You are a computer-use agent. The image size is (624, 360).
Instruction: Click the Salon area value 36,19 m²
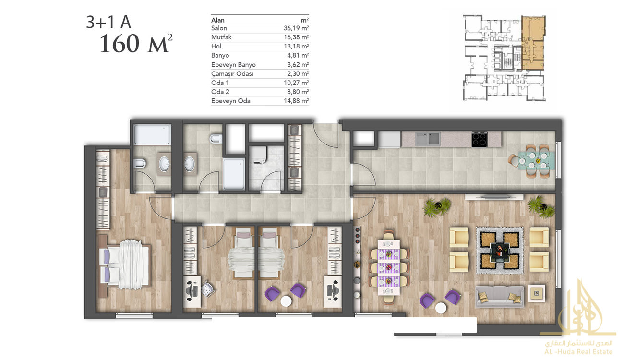pos(296,28)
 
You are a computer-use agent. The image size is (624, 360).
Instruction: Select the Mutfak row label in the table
pos(221,37)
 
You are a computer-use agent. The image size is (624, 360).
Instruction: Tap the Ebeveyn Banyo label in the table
pos(233,65)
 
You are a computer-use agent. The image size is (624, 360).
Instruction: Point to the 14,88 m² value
pos(296,101)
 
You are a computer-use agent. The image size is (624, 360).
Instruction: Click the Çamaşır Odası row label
pos(232,74)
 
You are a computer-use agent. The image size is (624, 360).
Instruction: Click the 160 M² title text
pos(136,44)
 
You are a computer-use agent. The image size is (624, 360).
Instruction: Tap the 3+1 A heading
pos(108,22)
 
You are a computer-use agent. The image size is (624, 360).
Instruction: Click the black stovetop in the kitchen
pos(480,139)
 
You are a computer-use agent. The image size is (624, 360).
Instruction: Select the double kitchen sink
pos(427,139)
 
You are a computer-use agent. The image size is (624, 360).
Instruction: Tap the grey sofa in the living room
pos(499,296)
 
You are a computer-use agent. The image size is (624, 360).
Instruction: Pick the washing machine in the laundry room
pos(258,156)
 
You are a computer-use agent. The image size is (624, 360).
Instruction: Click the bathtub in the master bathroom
pos(152,134)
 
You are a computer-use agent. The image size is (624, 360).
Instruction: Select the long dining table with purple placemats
pos(389,267)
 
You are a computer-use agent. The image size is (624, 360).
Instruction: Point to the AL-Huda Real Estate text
pos(578,352)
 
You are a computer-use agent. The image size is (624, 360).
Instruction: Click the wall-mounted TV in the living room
pos(494,197)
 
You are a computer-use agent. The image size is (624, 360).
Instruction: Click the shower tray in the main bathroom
pos(234,173)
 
